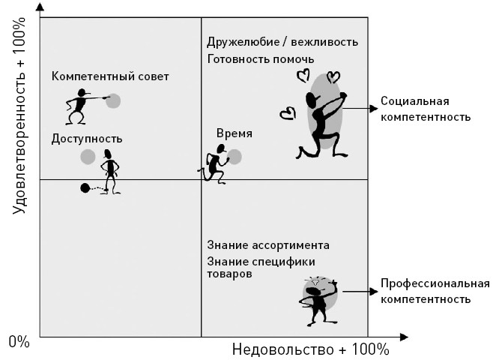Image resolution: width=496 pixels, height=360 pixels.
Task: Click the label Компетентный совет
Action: (x=110, y=76)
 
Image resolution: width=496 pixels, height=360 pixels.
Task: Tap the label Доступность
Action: (x=87, y=139)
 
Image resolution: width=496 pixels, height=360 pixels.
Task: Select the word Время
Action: (x=234, y=133)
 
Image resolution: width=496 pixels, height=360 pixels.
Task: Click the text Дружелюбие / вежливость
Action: (x=282, y=43)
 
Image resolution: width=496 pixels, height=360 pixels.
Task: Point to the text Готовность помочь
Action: (x=260, y=59)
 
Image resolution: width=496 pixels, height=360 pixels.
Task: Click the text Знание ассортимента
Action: (x=267, y=246)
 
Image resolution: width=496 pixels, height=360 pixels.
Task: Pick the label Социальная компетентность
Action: (x=425, y=109)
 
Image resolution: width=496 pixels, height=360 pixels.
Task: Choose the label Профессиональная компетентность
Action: (x=435, y=291)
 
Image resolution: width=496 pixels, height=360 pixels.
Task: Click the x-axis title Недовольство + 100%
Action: (x=310, y=349)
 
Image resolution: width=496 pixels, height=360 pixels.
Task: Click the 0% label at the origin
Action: (x=19, y=343)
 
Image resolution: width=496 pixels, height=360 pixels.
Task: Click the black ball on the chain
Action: (x=85, y=187)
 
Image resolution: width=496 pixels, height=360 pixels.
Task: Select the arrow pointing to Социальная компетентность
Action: (x=360, y=109)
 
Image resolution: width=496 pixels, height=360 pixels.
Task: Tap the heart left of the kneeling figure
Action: (x=285, y=114)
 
